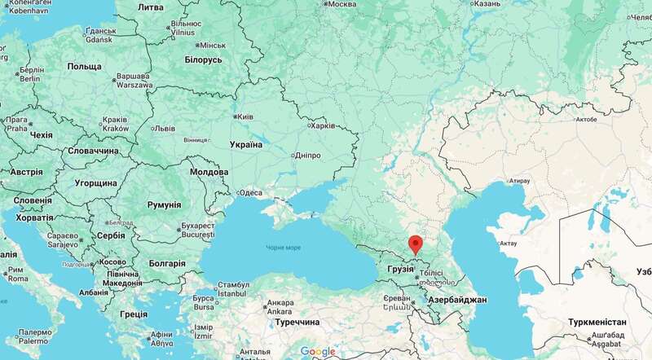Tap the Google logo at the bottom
(318, 351)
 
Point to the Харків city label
(322, 126)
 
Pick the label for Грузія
(401, 268)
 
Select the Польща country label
(83, 65)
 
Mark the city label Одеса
(249, 193)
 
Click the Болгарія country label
(164, 265)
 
